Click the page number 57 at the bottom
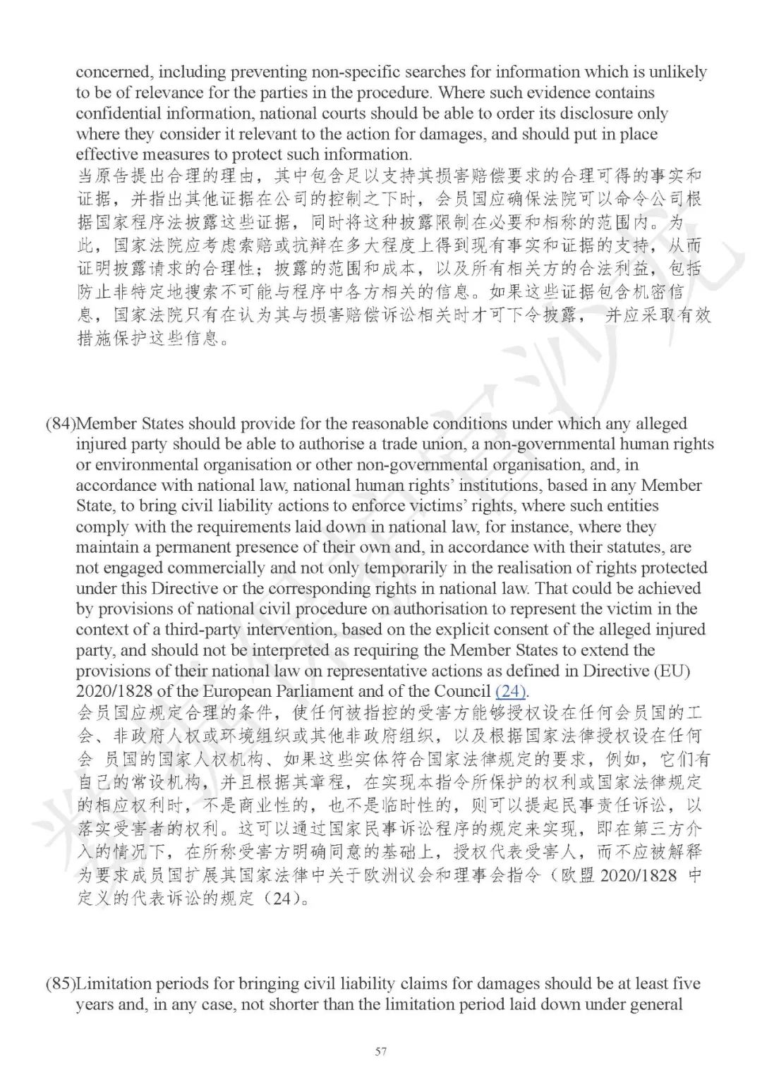[x=381, y=1052]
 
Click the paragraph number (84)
[x=61, y=424]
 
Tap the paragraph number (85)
[x=61, y=984]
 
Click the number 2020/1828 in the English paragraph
[x=110, y=691]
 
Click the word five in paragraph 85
[x=684, y=984]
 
